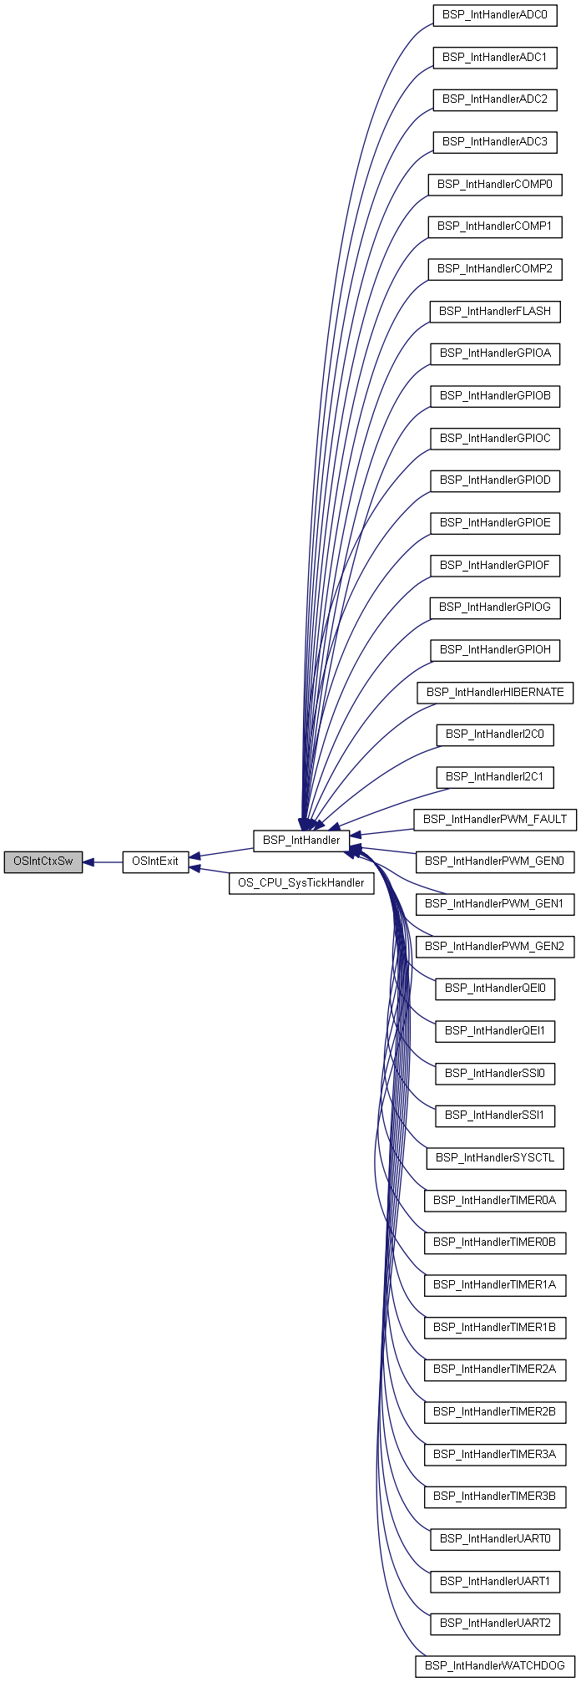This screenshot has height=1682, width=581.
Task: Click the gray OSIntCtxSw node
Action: click(x=43, y=862)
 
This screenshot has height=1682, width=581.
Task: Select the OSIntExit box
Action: click(x=156, y=862)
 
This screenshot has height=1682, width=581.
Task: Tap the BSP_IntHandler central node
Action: click(x=301, y=841)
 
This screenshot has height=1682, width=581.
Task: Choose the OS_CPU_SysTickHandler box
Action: click(x=301, y=883)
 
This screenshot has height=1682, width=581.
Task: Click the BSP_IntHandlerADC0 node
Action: click(x=495, y=15)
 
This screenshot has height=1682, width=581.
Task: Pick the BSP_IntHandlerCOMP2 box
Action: click(x=495, y=269)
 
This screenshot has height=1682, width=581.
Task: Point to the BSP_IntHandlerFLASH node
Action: click(x=495, y=312)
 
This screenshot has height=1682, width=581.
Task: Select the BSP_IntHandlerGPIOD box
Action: click(x=495, y=480)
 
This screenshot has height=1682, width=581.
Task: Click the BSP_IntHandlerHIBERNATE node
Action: click(x=495, y=693)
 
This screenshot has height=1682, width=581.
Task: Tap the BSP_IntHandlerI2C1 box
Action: click(x=495, y=777)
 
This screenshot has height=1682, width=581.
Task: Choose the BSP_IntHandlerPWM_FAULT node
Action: click(x=495, y=820)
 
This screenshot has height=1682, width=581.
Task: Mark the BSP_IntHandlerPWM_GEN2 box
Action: click(x=495, y=947)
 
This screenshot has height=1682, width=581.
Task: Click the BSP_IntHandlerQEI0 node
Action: click(x=495, y=988)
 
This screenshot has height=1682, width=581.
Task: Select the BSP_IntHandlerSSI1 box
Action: click(x=495, y=1115)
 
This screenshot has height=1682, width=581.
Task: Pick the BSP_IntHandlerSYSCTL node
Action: click(x=495, y=1158)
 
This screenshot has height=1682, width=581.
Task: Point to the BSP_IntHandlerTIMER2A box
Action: click(x=495, y=1369)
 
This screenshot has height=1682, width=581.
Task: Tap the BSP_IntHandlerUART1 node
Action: click(x=495, y=1582)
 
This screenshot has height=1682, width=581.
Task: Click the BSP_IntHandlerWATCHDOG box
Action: click(x=495, y=1666)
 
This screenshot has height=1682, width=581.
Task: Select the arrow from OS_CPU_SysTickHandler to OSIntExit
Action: click(x=210, y=872)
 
